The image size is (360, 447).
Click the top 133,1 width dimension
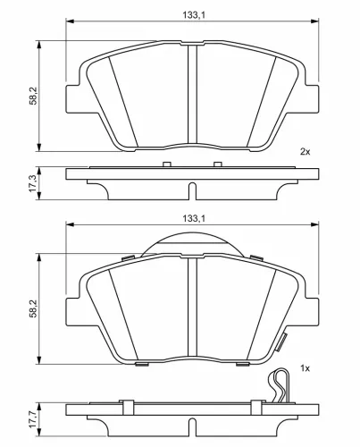[x=194, y=15]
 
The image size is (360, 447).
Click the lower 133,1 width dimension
[x=194, y=218]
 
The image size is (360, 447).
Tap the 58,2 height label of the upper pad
[x=33, y=96]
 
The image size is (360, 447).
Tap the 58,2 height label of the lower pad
[x=33, y=308]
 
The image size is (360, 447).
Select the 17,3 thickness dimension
[x=33, y=183]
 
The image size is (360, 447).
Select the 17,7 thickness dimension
[x=33, y=419]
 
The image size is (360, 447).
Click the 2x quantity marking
[x=305, y=152]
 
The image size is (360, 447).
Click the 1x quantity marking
[x=305, y=368]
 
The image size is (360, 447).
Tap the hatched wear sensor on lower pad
[x=281, y=342]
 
